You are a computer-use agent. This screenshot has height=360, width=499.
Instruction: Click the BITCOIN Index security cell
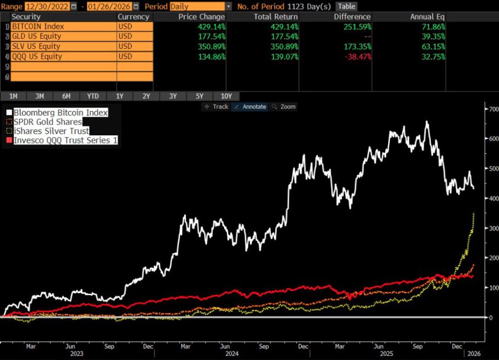pos(63,27)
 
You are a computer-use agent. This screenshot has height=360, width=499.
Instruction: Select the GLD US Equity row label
pos(63,37)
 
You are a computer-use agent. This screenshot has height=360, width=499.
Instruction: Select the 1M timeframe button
pos(13,96)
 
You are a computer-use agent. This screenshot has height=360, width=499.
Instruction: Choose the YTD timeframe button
pos(93,96)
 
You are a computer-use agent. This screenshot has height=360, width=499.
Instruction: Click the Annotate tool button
pos(250,107)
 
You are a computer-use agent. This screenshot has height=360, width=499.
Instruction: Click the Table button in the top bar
pos(346,6)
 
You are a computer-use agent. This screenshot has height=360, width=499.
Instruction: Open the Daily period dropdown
pos(201,6)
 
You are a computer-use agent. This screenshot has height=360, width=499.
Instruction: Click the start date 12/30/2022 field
pos(48,6)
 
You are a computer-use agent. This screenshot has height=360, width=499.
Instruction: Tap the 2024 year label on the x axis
pos(231,352)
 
